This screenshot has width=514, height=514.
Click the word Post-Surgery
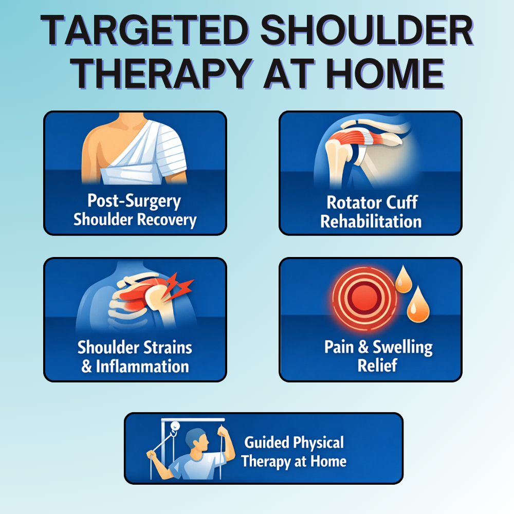coord(134,201)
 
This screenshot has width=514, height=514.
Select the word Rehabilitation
coord(371,222)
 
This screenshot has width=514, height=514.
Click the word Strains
coord(165,347)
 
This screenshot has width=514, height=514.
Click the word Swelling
coord(402,347)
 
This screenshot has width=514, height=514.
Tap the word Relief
coord(371,366)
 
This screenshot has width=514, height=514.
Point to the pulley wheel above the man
coord(176,426)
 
